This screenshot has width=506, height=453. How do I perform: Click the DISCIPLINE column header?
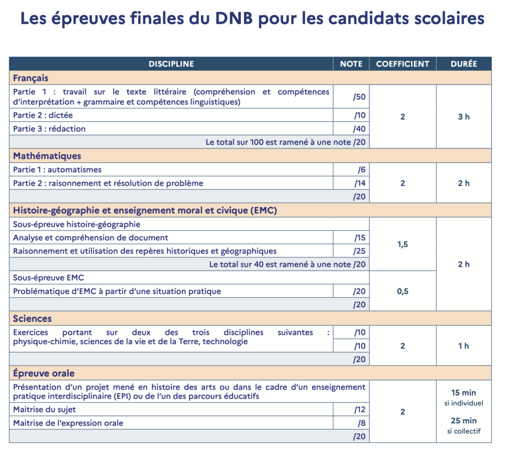[171, 64]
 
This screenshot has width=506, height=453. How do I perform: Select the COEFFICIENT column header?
[403, 64]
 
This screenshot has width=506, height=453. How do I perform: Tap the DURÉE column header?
[464, 64]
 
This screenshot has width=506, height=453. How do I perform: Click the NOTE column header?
[351, 64]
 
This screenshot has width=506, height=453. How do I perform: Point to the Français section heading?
[31, 78]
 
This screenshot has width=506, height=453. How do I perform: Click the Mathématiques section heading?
[47, 156]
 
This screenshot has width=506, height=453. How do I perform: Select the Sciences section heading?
[32, 318]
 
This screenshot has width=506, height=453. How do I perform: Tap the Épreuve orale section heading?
[44, 373]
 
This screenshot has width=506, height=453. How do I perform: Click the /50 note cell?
[359, 97]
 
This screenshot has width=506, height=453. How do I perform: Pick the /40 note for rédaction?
[359, 129]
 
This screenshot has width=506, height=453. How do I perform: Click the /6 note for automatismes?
[361, 170]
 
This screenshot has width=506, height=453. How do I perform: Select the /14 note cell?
[360, 183]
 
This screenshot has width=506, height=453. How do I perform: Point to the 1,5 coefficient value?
[403, 244]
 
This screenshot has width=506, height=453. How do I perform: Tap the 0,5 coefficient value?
[403, 291]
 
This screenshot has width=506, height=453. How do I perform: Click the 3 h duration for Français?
[464, 117]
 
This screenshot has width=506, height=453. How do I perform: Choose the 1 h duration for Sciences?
[464, 346]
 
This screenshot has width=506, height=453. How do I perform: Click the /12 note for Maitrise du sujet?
[359, 409]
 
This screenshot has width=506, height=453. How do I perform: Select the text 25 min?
[464, 421]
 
